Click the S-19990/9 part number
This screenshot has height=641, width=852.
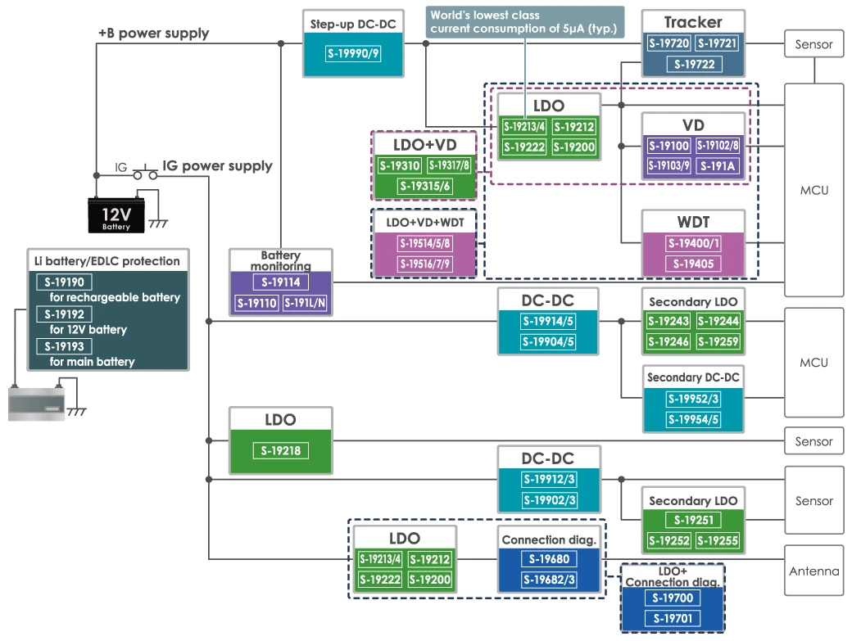point(353,54)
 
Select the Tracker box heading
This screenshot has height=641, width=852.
point(692,22)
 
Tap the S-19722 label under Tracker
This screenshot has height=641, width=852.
point(692,64)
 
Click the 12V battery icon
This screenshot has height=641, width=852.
point(116,214)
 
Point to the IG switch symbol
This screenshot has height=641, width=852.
point(145,174)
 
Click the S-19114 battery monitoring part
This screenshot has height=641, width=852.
point(281,282)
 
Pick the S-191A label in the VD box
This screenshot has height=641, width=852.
point(717,165)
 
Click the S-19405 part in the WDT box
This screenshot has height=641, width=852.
point(692,264)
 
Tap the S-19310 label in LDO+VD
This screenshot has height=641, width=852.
point(400,166)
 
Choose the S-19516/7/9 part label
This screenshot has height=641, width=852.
point(424,264)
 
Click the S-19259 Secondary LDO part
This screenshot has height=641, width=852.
point(718,341)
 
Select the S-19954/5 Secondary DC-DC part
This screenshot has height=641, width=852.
point(692,420)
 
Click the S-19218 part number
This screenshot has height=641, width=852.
point(281,450)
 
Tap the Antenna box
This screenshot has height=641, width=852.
point(813,571)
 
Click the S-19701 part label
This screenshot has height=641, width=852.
point(672,618)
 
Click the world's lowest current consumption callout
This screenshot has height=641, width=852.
point(524,22)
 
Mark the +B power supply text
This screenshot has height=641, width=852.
point(153,34)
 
